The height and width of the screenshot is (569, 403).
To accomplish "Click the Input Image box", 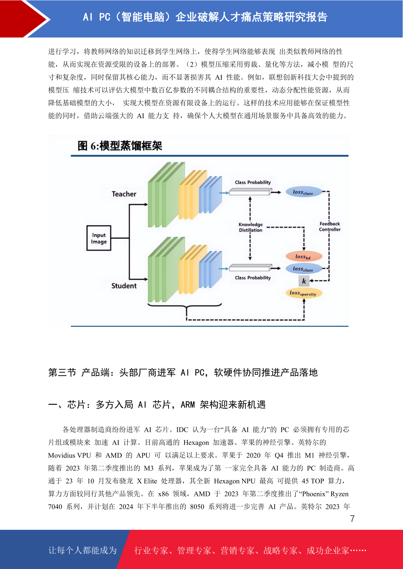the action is click(99, 238).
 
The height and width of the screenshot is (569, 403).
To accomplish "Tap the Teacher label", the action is click(124, 194).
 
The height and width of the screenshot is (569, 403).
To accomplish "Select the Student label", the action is click(124, 286).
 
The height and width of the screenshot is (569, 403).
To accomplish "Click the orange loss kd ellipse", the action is click(304, 256).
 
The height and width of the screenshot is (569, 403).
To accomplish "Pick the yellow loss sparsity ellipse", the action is click(304, 293).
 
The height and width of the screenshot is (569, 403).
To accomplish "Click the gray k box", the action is click(304, 281).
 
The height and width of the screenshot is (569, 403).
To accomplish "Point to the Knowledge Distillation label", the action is click(251, 227).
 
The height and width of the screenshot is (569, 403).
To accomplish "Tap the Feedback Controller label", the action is click(330, 227).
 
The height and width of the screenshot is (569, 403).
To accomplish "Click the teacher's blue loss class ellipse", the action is click(304, 192).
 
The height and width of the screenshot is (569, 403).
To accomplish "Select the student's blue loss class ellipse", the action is click(304, 269).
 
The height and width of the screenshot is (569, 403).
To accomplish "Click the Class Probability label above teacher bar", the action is click(253, 182).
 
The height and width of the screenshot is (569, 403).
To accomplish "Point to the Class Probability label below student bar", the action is click(253, 278).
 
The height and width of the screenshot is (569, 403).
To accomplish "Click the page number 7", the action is click(352, 518).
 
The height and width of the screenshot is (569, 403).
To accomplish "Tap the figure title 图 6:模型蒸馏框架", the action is click(120, 146).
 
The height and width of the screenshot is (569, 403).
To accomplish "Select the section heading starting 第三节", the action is click(183, 372).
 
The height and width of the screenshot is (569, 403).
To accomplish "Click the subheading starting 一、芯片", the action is click(157, 404).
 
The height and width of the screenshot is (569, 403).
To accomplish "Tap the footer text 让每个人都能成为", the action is click(83, 550).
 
